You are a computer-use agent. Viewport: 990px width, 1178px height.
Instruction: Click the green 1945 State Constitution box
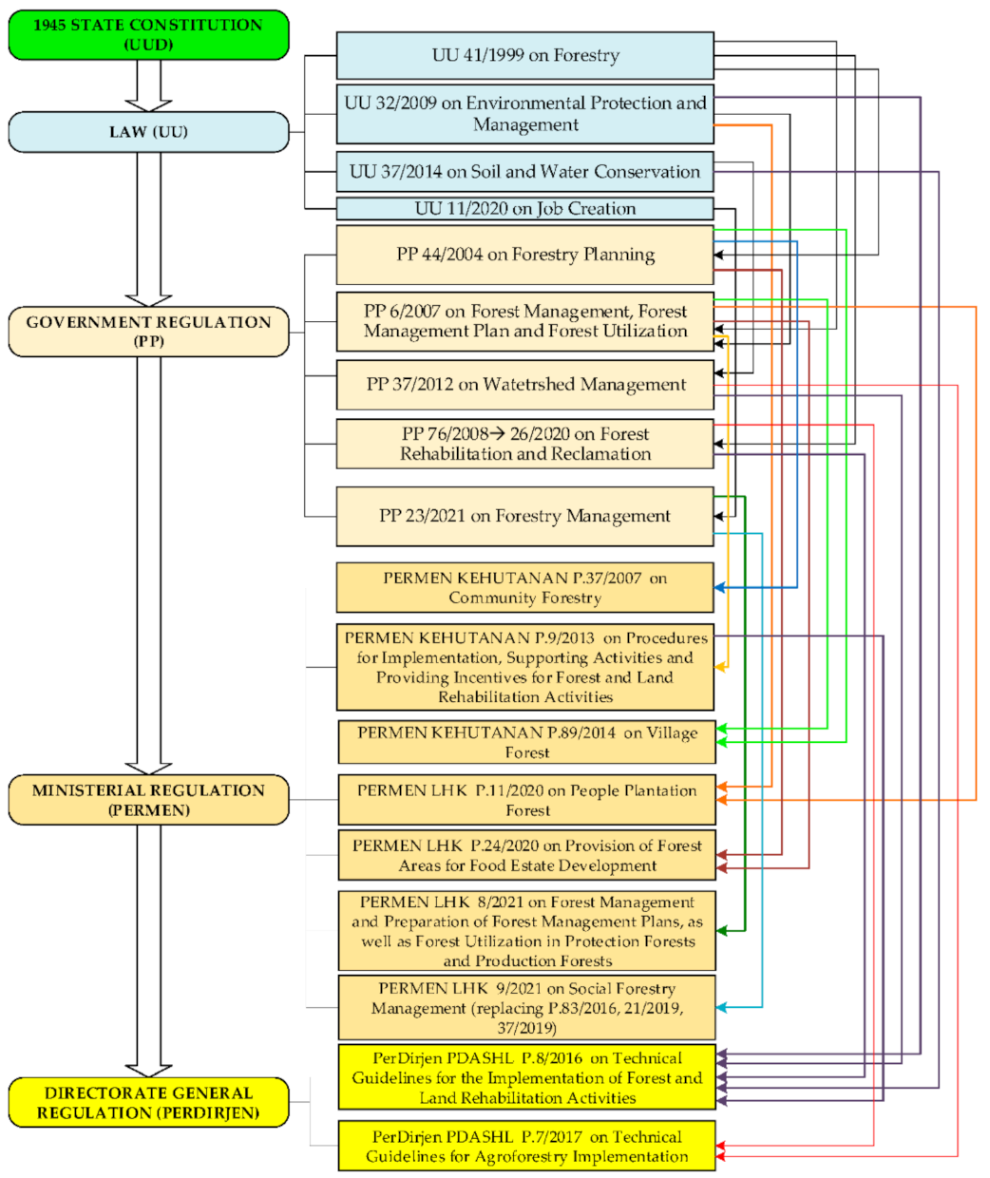(x=148, y=34)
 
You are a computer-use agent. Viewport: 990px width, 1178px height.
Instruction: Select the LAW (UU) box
(x=148, y=132)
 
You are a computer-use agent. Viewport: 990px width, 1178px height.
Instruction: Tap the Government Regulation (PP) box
(x=148, y=332)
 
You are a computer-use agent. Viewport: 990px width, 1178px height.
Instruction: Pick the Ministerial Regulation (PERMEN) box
(x=148, y=800)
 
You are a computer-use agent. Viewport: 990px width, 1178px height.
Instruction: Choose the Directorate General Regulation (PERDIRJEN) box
(x=148, y=1103)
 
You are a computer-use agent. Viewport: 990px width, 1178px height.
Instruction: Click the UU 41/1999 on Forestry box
(x=524, y=55)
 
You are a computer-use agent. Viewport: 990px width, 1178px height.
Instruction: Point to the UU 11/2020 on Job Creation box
(x=524, y=209)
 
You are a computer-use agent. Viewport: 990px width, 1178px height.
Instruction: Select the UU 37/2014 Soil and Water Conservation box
(x=524, y=172)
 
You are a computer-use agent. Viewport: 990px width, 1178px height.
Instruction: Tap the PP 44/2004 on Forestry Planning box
(x=524, y=255)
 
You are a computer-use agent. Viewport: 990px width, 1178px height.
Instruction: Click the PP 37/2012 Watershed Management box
(x=524, y=385)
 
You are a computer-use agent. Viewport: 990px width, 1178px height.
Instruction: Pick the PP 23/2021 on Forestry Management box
(x=524, y=516)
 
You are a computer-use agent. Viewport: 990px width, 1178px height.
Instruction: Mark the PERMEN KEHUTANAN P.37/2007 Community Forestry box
(x=524, y=588)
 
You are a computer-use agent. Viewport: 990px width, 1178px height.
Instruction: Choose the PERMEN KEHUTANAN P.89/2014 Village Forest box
(x=526, y=742)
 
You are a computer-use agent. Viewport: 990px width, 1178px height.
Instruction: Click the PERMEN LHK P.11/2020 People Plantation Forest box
(x=526, y=800)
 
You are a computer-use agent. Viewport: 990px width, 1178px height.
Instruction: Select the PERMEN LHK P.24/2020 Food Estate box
(x=526, y=855)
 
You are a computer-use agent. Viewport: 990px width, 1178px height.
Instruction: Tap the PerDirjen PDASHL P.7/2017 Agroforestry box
(x=526, y=1146)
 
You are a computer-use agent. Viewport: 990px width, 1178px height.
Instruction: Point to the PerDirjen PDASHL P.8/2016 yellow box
(x=526, y=1077)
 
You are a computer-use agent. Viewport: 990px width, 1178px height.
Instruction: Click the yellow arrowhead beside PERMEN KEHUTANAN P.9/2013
(x=721, y=668)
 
